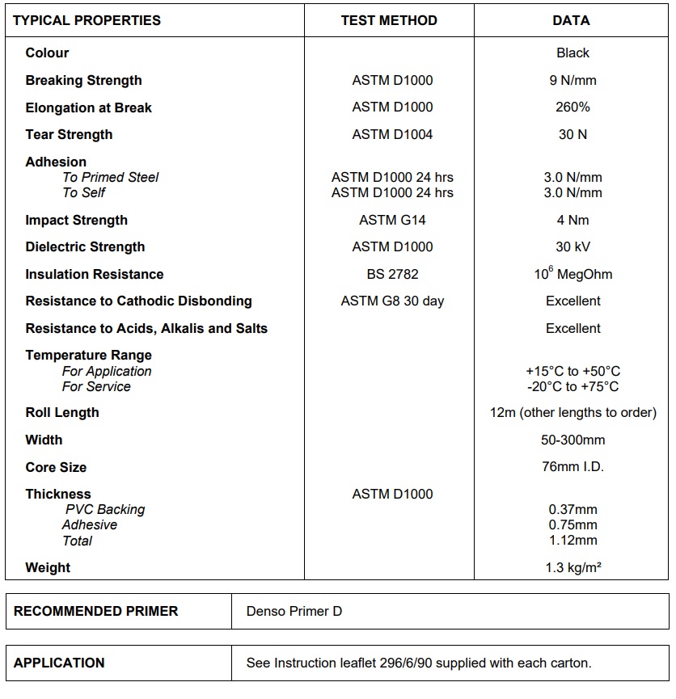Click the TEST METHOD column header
coord(389,20)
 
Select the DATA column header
coord(571,20)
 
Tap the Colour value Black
coord(572,53)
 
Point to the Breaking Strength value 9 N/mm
coord(572,80)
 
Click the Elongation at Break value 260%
coord(572,107)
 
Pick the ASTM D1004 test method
coord(392,134)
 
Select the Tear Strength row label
coord(69,134)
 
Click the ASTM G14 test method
coord(392,220)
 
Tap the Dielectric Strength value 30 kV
coord(572,246)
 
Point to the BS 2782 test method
coord(392,274)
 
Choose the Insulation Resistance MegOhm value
coord(572,274)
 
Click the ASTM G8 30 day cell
coord(392,301)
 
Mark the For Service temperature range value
coord(572,386)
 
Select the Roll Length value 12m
coord(572,412)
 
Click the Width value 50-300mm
coord(572,440)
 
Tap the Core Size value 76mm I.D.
coord(572,466)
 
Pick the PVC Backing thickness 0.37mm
coord(572,509)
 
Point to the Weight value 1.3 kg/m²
coord(572,567)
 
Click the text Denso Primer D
coord(294,611)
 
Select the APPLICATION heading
coord(59,663)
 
